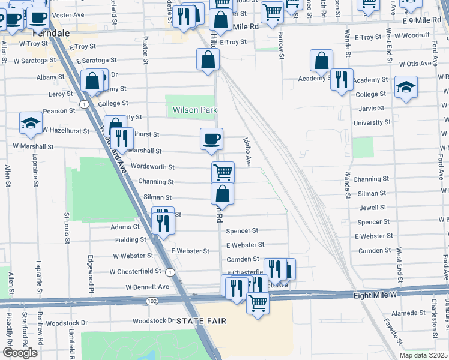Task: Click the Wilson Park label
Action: pos(195,110)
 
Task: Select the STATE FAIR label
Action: pos(202,321)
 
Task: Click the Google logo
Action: pos(20,353)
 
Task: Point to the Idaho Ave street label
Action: pos(246,152)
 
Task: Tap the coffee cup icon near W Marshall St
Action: pos(212,139)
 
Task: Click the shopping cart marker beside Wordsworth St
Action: pos(223,172)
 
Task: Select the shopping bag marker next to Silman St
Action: pos(222,193)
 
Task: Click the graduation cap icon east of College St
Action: pos(406,88)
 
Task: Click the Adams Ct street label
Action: pos(125,227)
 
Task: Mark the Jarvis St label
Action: pos(372,108)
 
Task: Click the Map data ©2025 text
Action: pos(423,355)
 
